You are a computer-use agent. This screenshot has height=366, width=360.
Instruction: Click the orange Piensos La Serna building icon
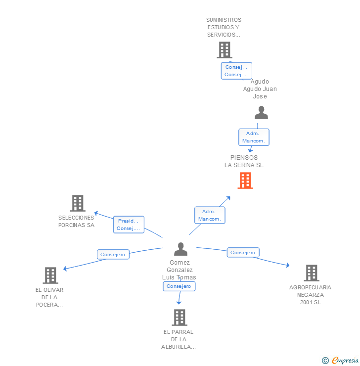(245, 181)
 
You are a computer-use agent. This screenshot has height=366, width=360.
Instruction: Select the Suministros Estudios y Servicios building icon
(225, 50)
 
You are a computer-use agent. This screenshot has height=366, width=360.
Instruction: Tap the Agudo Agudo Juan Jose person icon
(261, 113)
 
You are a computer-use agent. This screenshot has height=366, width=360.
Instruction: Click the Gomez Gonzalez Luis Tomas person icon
(181, 249)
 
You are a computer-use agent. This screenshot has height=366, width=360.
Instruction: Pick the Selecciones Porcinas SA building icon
(78, 203)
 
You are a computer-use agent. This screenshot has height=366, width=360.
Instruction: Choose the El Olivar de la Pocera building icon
(50, 275)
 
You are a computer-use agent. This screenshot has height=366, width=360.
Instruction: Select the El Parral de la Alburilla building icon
(180, 318)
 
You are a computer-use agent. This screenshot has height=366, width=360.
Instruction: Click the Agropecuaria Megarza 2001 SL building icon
(312, 273)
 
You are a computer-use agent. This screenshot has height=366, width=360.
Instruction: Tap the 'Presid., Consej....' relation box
(129, 225)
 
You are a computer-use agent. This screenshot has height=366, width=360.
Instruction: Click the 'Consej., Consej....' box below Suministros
(236, 71)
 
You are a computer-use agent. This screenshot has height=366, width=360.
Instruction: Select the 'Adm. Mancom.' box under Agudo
(254, 137)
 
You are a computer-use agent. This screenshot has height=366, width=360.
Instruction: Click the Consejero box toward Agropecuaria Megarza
(243, 252)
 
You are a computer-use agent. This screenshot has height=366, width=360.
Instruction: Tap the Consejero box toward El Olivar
(113, 254)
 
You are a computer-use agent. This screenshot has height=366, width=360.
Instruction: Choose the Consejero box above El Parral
(179, 286)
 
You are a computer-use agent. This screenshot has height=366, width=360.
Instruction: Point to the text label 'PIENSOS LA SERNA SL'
(244, 161)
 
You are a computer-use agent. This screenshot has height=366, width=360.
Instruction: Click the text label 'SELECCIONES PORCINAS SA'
(76, 221)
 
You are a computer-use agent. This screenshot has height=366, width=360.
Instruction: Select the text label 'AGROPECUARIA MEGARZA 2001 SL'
(311, 295)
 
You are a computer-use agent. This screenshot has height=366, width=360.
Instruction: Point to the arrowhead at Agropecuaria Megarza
(288, 266)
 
